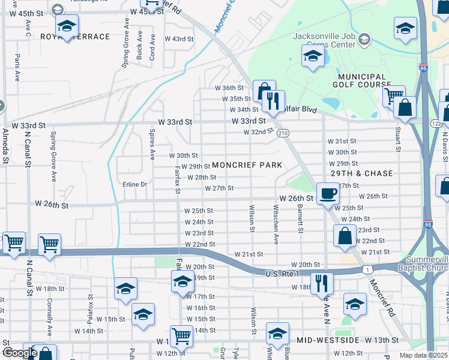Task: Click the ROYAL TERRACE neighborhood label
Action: click(x=75, y=37)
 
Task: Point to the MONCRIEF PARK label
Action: click(x=247, y=164)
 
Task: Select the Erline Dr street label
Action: click(x=135, y=184)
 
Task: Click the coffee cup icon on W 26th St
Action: click(x=328, y=193)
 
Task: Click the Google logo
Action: click(x=19, y=353)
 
